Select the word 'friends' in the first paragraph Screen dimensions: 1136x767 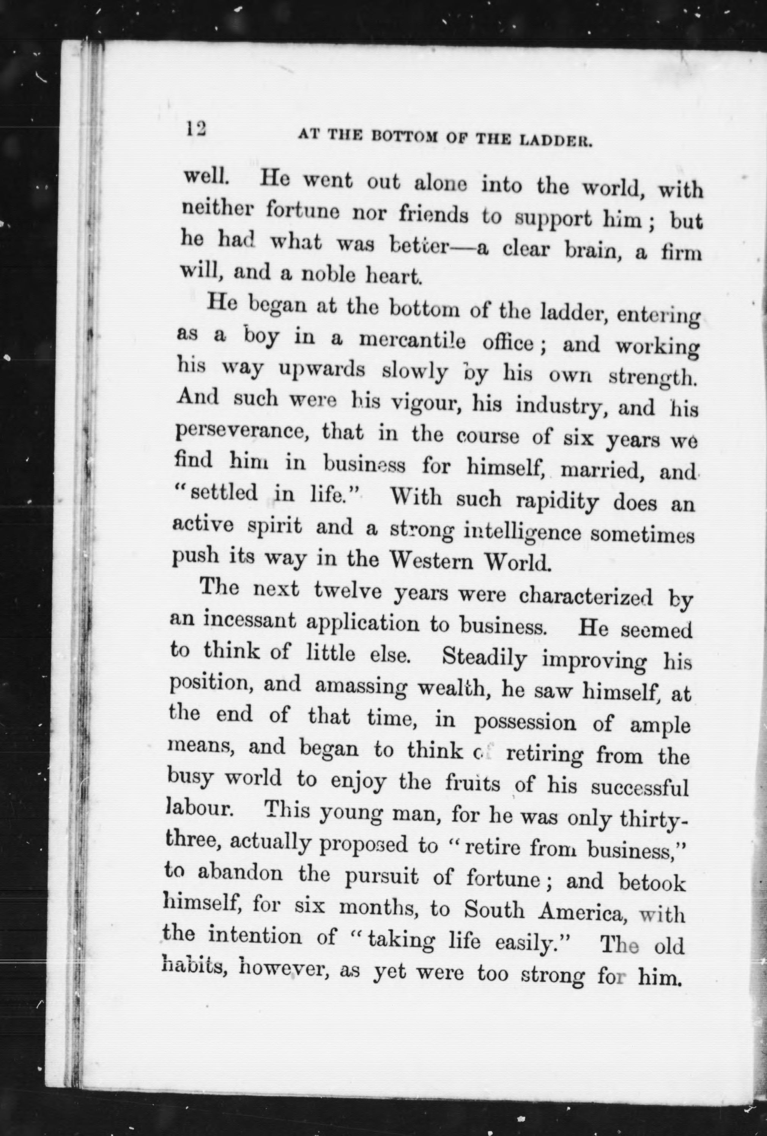click(433, 216)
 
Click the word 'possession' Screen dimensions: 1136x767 click(525, 723)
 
